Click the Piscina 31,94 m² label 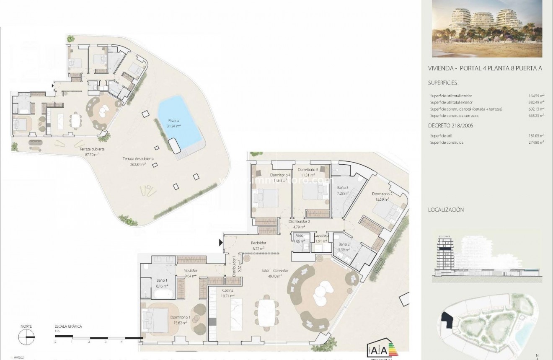coord(174,122)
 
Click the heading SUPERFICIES coord(442,83)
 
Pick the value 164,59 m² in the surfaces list coord(536,96)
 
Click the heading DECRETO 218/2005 coord(450,125)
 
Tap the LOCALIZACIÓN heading coord(446,210)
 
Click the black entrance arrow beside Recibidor coord(220,243)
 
